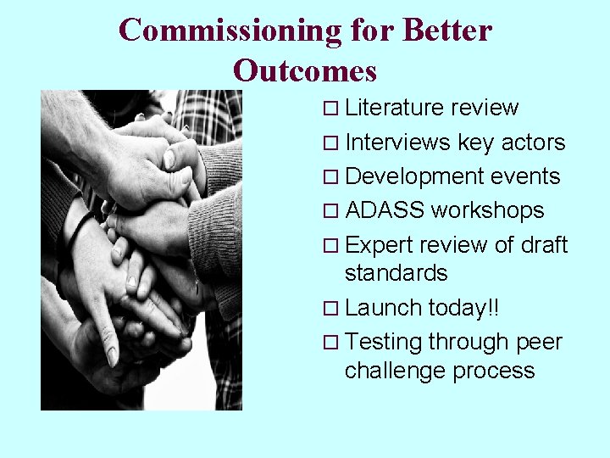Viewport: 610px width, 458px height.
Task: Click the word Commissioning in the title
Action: (229, 31)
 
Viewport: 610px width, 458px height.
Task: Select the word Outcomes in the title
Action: (305, 70)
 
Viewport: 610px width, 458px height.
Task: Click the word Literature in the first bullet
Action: (395, 109)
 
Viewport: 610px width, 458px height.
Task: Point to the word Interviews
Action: (398, 142)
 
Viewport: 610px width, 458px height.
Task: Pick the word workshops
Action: (488, 210)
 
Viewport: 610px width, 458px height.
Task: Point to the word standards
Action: (396, 273)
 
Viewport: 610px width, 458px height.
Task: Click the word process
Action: (494, 371)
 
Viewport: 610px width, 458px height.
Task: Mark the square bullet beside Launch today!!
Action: (332, 309)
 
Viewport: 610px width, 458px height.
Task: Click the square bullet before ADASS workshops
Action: (332, 211)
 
